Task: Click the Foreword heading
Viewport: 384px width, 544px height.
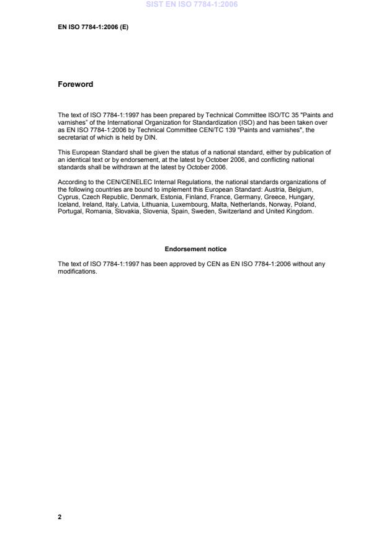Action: (75, 84)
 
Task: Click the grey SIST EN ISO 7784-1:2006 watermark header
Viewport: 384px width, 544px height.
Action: (192, 5)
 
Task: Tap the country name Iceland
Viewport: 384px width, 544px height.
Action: (68, 204)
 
